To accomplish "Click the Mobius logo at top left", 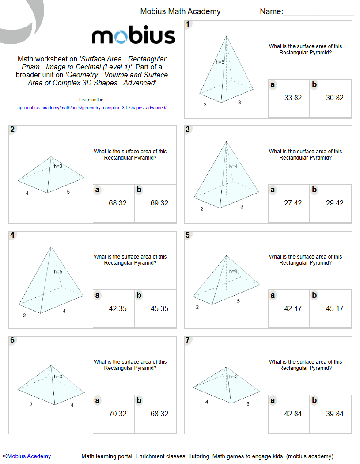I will point(133,36).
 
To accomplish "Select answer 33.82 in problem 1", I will point(293,98).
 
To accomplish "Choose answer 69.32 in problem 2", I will point(159,203).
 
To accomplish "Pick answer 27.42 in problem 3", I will point(293,203).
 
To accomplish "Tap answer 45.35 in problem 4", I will point(159,308).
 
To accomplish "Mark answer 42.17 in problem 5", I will point(293,308).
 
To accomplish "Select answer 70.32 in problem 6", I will point(117,414).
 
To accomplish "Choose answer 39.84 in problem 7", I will point(335,414).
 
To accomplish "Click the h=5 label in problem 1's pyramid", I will point(220,62).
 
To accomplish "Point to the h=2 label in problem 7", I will point(234,377).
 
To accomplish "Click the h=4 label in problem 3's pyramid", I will point(234,167).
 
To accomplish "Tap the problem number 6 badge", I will point(12,340).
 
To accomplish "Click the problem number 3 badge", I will point(188,129).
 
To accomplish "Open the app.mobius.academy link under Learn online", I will point(92,107).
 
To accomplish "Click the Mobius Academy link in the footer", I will point(29,456).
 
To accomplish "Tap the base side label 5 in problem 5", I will point(239,301).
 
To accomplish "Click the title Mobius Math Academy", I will point(180,12).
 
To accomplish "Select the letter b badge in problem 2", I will point(139,190).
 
